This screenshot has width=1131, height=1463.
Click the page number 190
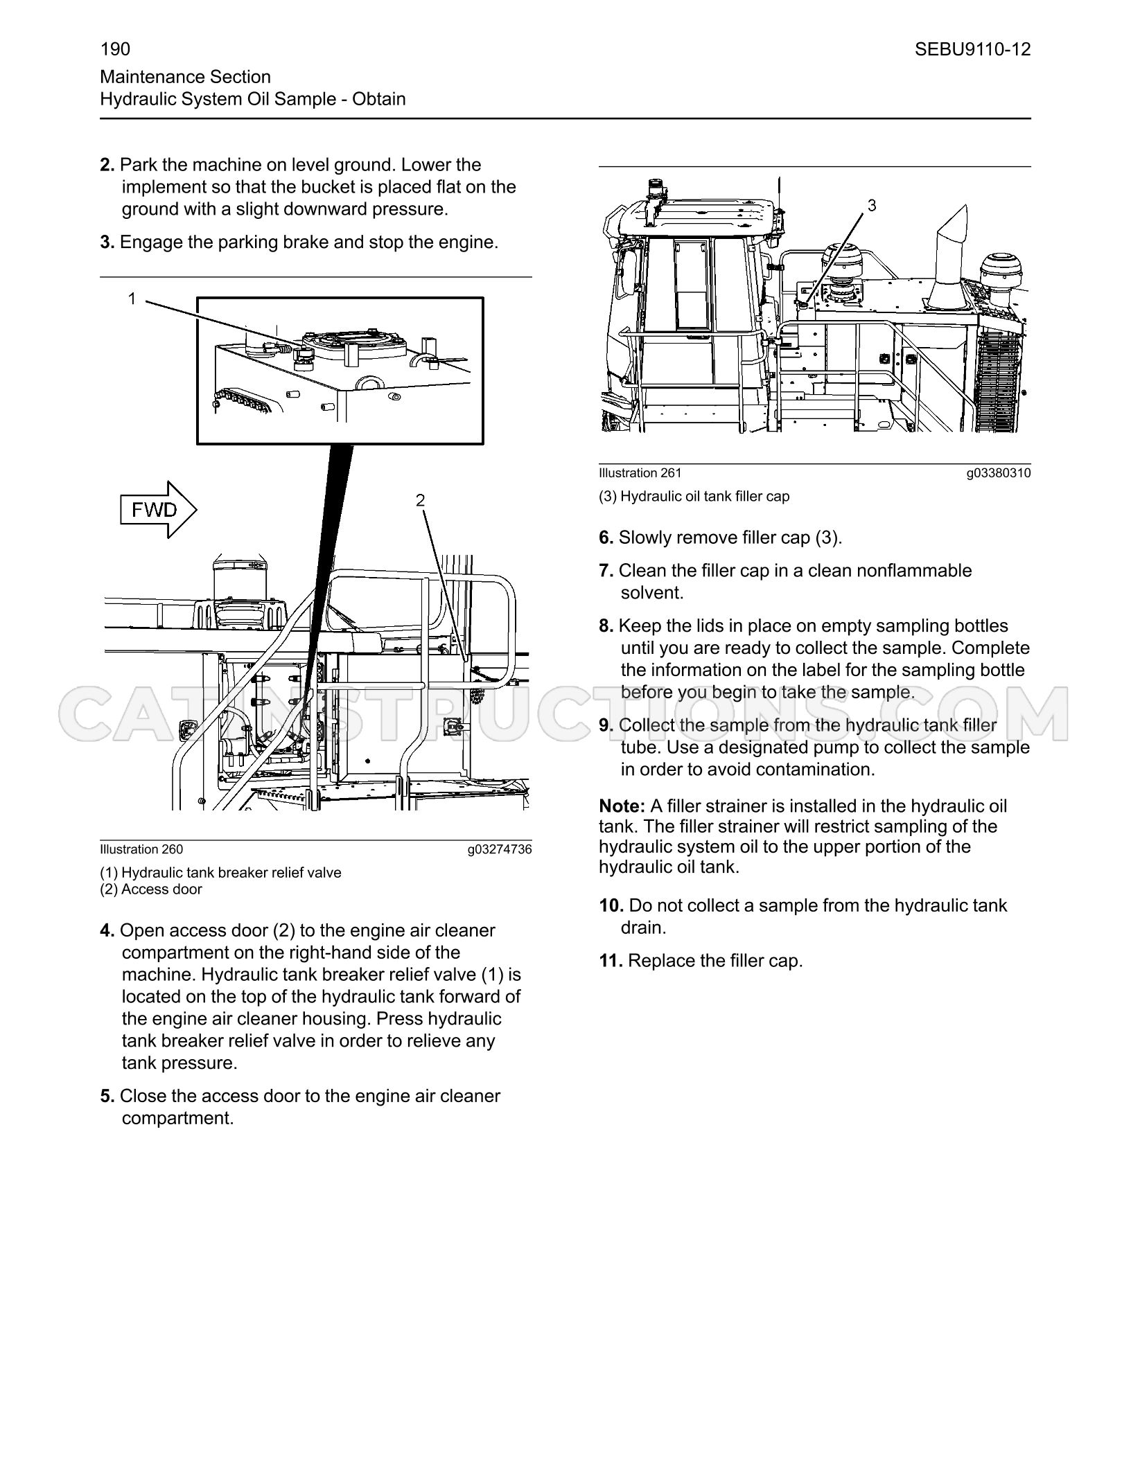click(x=115, y=49)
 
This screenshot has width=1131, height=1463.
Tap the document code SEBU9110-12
click(x=972, y=49)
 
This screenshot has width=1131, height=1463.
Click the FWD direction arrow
click(x=159, y=510)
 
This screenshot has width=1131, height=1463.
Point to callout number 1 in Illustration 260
click(x=132, y=299)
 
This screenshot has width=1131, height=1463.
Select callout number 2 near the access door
click(x=420, y=500)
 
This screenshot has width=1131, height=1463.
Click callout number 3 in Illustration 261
click(x=872, y=205)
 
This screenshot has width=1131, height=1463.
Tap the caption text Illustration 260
click(x=141, y=849)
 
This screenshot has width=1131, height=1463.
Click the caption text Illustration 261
click(x=640, y=473)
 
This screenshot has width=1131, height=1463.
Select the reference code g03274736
click(x=500, y=849)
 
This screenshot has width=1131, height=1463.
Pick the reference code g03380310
click(x=999, y=473)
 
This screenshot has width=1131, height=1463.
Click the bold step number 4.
click(x=107, y=930)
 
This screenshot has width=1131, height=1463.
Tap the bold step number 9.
click(x=606, y=725)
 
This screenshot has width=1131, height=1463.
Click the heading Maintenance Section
click(x=186, y=77)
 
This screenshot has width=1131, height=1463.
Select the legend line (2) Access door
click(x=151, y=889)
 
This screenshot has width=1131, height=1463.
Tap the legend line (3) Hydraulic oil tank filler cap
click(x=694, y=497)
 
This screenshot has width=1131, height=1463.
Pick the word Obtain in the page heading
click(x=379, y=99)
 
